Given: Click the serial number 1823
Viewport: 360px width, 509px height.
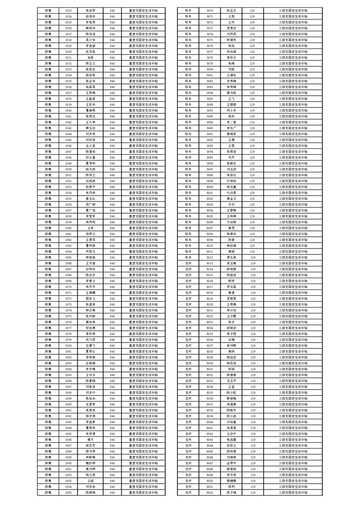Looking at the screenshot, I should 68,10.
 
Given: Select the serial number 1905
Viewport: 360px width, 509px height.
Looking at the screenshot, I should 68,492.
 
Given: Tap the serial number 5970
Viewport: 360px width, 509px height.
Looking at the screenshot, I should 210,10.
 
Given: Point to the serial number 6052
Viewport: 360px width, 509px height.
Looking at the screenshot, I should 210,492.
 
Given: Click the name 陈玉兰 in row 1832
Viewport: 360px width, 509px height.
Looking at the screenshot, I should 90,64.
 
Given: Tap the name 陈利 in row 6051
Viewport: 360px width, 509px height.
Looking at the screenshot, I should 232,486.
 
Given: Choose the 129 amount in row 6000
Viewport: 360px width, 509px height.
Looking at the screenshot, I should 252,187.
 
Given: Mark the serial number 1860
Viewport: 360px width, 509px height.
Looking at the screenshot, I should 68,228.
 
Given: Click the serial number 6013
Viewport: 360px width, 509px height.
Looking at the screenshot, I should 210,263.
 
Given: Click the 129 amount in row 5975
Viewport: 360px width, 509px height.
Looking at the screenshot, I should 252,40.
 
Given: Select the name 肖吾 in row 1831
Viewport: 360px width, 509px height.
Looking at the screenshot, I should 90,58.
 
